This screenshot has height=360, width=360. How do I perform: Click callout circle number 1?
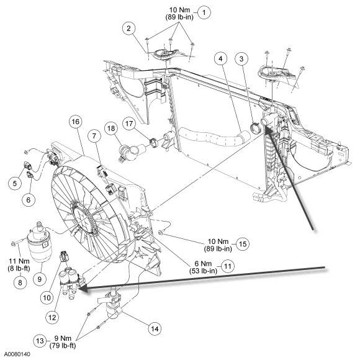pos(204,12)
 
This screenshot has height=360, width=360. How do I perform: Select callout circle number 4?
pos(220,58)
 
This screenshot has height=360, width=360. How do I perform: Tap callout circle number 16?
pos(76,122)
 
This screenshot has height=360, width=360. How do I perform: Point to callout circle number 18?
pos(111,128)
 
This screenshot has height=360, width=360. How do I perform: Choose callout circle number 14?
pos(155,328)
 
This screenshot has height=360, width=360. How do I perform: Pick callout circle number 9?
pos(40,279)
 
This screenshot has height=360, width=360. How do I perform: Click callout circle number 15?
pos(243,244)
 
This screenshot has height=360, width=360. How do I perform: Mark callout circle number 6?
pos(28,199)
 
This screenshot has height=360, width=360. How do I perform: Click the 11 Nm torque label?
pos(19,261)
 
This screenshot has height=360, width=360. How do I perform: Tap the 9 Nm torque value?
pos(63,338)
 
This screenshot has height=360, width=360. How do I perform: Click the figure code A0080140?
pos(17,354)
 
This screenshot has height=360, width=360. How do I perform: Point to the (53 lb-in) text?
pos(203,271)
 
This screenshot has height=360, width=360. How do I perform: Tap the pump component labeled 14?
pos(112,304)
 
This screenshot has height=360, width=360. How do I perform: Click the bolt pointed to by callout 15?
pos(161,233)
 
